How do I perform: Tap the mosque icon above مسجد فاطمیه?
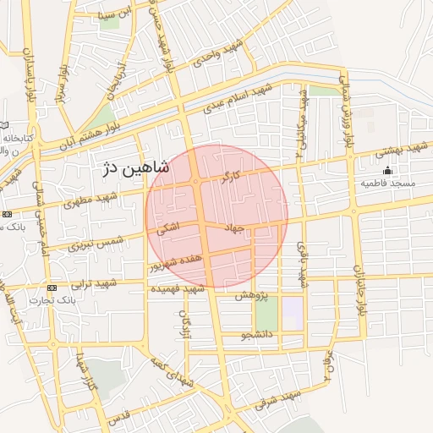tap(387, 171)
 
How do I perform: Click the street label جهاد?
tap(234, 228)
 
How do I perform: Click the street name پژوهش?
tap(250, 295)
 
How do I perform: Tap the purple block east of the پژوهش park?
tap(292, 314)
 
